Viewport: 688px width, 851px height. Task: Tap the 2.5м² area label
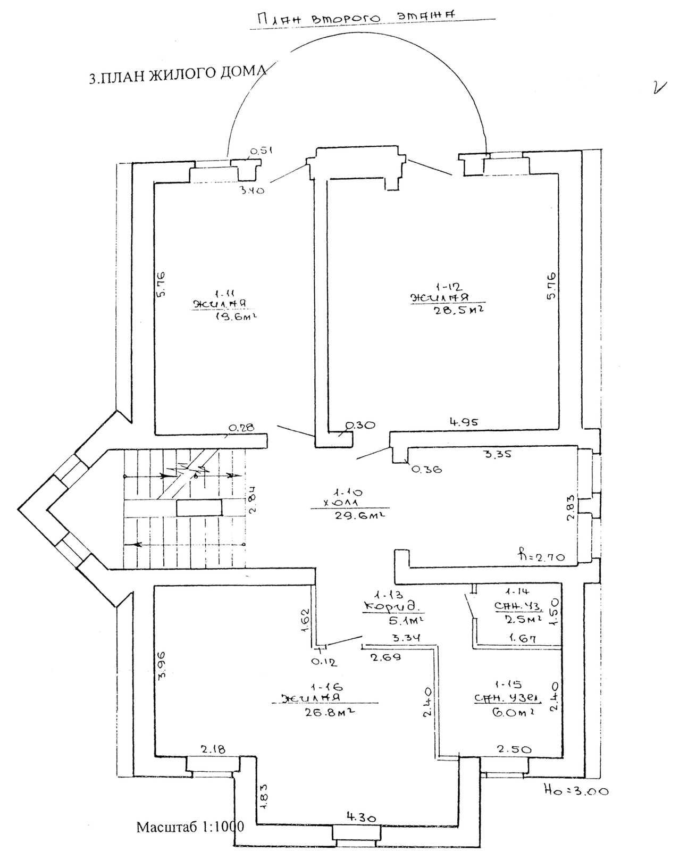pyautogui.click(x=524, y=619)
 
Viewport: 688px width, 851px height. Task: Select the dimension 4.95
pyautogui.click(x=464, y=422)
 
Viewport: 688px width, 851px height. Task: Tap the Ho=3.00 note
pyautogui.click(x=576, y=791)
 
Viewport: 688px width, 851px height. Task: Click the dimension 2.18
pyautogui.click(x=213, y=749)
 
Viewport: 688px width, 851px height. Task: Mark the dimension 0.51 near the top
pyautogui.click(x=261, y=151)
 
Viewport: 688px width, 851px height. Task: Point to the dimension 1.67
pyautogui.click(x=522, y=638)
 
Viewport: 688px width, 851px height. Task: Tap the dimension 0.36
pyautogui.click(x=426, y=469)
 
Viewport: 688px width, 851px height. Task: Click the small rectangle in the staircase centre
pyautogui.click(x=199, y=508)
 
